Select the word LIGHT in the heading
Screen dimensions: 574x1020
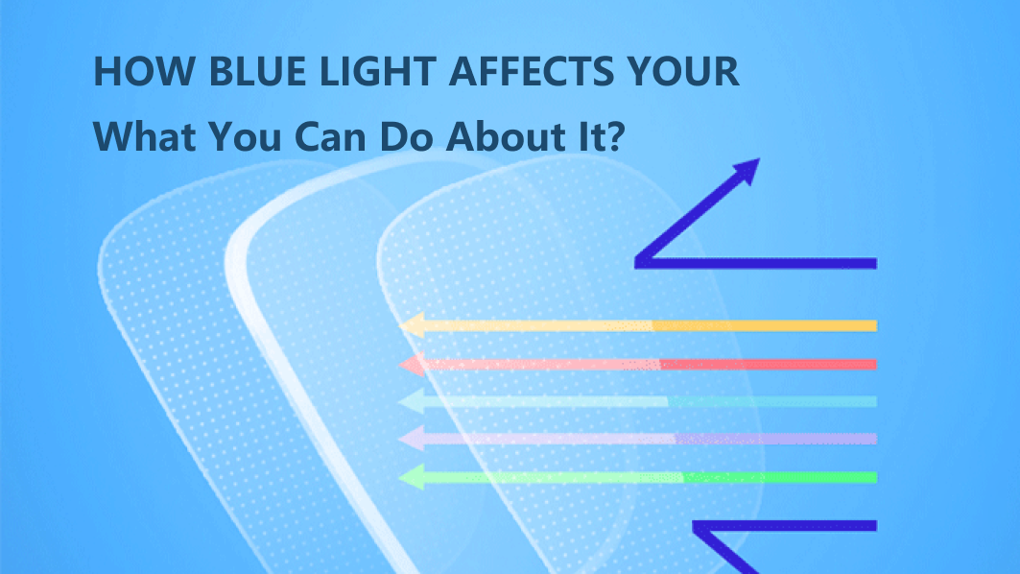tap(364, 73)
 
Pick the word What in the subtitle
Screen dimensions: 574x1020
tap(141, 136)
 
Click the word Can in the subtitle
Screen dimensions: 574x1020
tap(321, 136)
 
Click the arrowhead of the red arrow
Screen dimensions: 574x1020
tap(411, 364)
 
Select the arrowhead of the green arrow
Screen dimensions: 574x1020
tap(411, 476)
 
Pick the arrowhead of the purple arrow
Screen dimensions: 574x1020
tap(411, 439)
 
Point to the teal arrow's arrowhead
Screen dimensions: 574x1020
tap(411, 401)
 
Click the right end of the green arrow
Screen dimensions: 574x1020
tap(874, 477)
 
